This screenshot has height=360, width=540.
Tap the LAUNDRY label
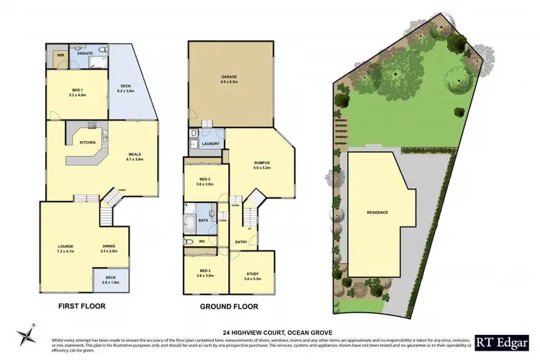click(x=210, y=143)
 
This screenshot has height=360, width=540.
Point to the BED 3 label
click(x=204, y=179)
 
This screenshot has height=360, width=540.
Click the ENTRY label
click(x=240, y=242)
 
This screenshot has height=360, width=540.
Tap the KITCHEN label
click(x=88, y=143)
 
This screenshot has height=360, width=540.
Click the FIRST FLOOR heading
click(x=81, y=306)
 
